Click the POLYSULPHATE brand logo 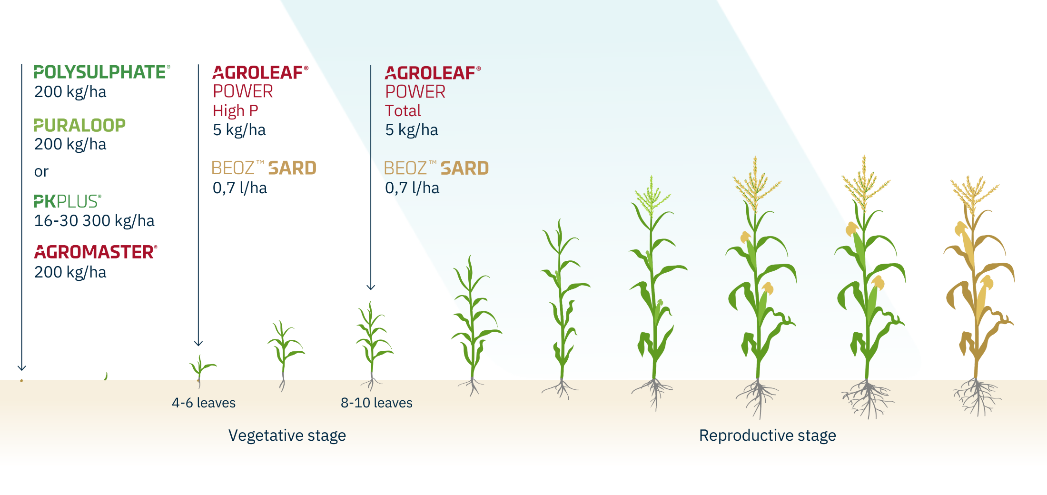pyautogui.click(x=101, y=72)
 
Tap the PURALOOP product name pyautogui.click(x=79, y=125)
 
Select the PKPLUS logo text pyautogui.click(x=67, y=201)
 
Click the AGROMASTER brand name pyautogui.click(x=95, y=252)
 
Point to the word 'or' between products pyautogui.click(x=41, y=172)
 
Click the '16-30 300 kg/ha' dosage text pyautogui.click(x=94, y=221)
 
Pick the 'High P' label pyautogui.click(x=236, y=111)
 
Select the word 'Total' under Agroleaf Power pyautogui.click(x=403, y=110)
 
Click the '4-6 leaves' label pyautogui.click(x=204, y=403)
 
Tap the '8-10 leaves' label pyautogui.click(x=376, y=403)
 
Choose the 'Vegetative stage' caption pyautogui.click(x=287, y=436)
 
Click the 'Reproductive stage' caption pyautogui.click(x=768, y=436)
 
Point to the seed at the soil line pyautogui.click(x=21, y=381)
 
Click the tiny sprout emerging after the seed pyautogui.click(x=106, y=376)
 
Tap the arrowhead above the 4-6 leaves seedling pyautogui.click(x=198, y=343)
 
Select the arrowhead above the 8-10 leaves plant pyautogui.click(x=371, y=287)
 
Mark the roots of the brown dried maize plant pyautogui.click(x=977, y=396)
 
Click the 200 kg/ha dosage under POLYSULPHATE pyautogui.click(x=70, y=92)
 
